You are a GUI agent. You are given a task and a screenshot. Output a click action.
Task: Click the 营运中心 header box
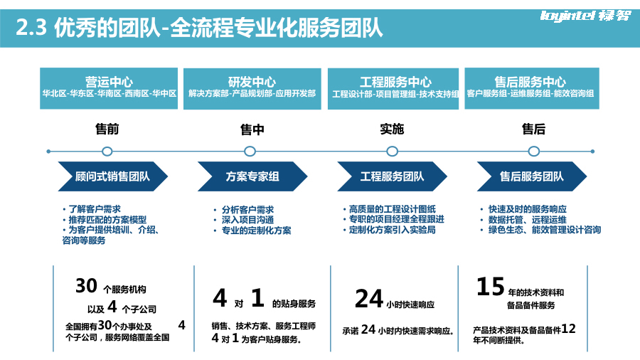(109, 88)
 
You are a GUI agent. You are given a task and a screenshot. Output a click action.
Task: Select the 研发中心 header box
(252, 88)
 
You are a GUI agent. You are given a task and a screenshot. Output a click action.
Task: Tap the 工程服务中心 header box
(395, 88)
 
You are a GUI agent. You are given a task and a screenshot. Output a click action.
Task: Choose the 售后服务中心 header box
(530, 88)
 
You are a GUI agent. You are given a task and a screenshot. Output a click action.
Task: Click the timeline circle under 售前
(107, 151)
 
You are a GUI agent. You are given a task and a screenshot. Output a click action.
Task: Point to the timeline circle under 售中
(250, 151)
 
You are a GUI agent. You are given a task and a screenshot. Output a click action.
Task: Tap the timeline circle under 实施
(392, 151)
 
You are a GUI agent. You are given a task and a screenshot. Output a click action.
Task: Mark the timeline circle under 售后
(534, 151)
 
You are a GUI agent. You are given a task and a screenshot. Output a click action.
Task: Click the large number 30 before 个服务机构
(86, 286)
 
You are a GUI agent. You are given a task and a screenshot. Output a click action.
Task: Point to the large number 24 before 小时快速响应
(369, 300)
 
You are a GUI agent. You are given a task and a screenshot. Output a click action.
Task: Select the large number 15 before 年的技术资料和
(490, 287)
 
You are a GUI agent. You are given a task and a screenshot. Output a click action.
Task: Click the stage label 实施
(392, 129)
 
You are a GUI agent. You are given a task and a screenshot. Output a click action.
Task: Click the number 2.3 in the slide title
(31, 28)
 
